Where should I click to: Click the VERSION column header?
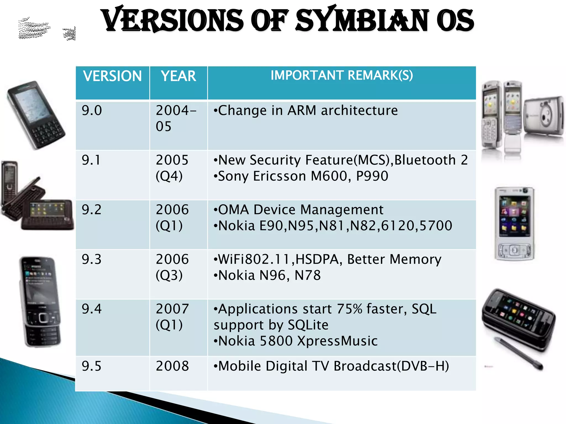112,76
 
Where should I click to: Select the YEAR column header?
179,76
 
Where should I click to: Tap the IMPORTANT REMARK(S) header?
342,75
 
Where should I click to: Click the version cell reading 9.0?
92,110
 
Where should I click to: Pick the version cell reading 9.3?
91,259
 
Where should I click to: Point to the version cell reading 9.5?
91,366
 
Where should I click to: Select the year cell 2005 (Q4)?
172,168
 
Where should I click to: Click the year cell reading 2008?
172,366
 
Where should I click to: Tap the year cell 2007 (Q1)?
172,317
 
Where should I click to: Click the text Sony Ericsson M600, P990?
303,176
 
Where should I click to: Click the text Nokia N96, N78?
269,275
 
